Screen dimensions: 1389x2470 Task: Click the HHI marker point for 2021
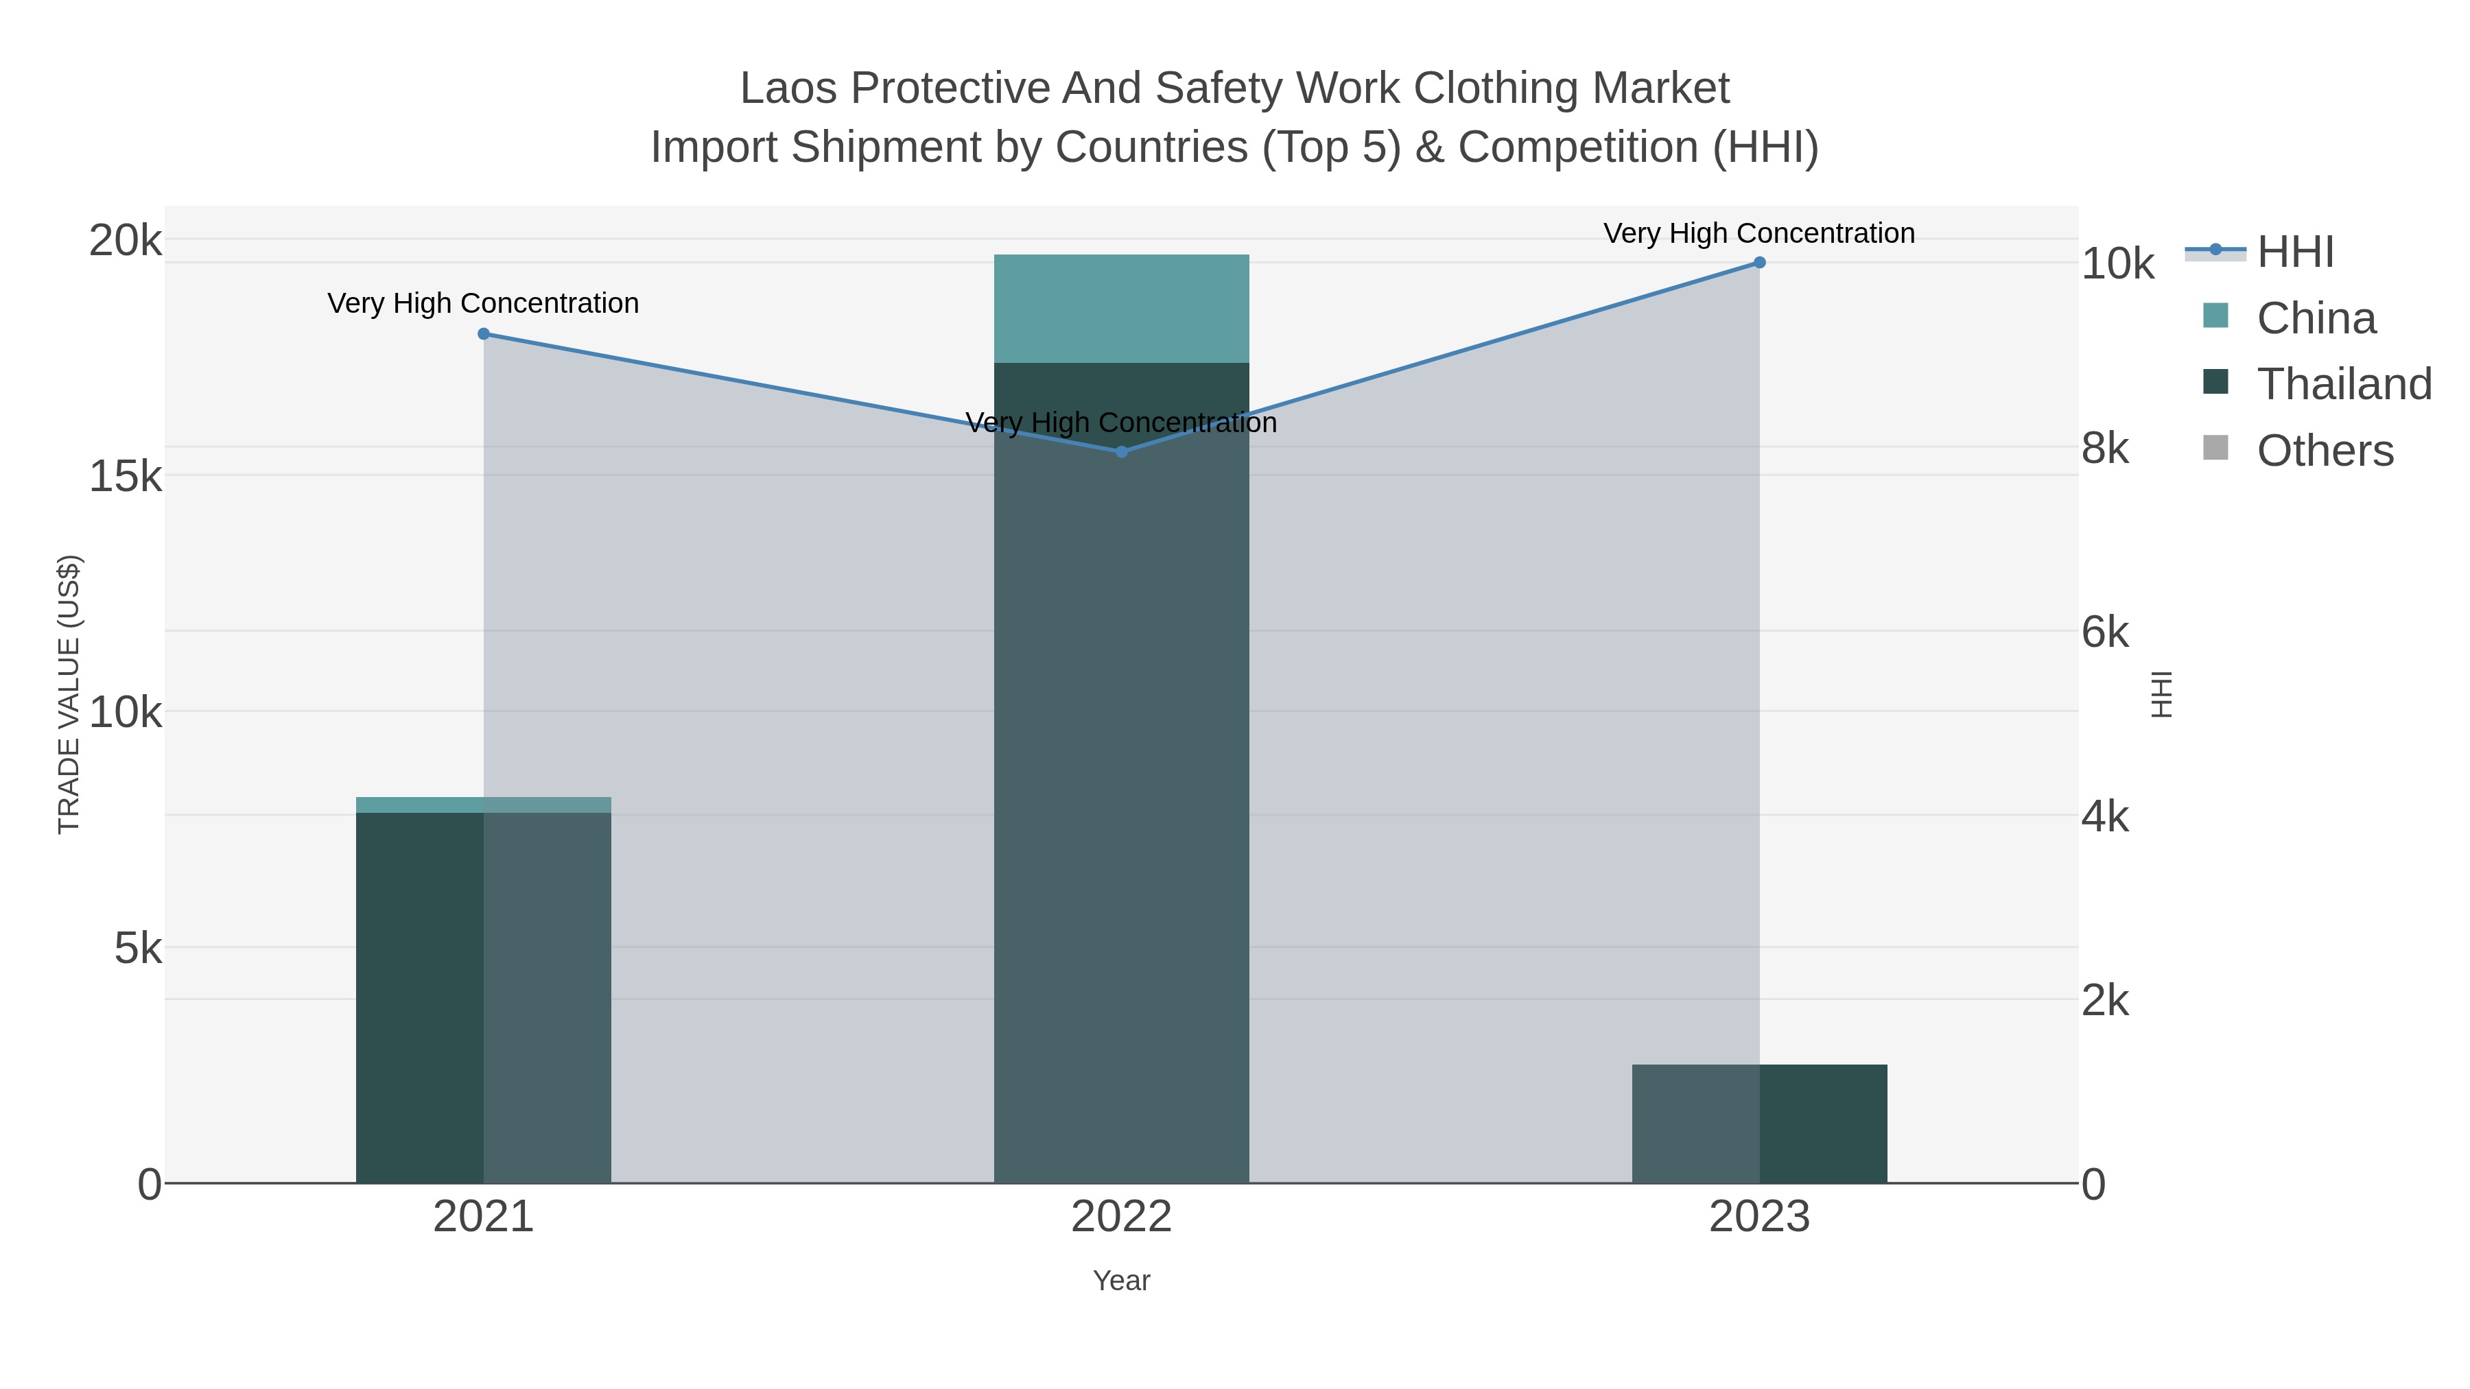pyautogui.click(x=483, y=333)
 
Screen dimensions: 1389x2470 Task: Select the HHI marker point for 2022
pyautogui.click(x=1121, y=451)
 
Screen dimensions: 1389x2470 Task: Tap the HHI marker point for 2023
pyautogui.click(x=1759, y=263)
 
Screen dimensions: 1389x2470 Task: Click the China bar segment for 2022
pyautogui.click(x=1121, y=309)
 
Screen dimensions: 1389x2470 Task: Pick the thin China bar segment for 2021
pyautogui.click(x=483, y=805)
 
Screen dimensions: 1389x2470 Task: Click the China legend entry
pyautogui.click(x=2315, y=318)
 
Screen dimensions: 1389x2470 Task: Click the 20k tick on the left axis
pyautogui.click(x=125, y=241)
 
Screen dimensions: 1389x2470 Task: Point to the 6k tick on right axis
pyautogui.click(x=2105, y=632)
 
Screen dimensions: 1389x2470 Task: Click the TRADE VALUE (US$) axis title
pyautogui.click(x=69, y=694)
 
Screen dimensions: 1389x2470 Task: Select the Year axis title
pyautogui.click(x=1121, y=1281)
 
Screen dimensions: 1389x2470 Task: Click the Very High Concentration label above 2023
pyautogui.click(x=1759, y=233)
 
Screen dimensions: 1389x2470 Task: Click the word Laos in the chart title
pyautogui.click(x=789, y=88)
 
